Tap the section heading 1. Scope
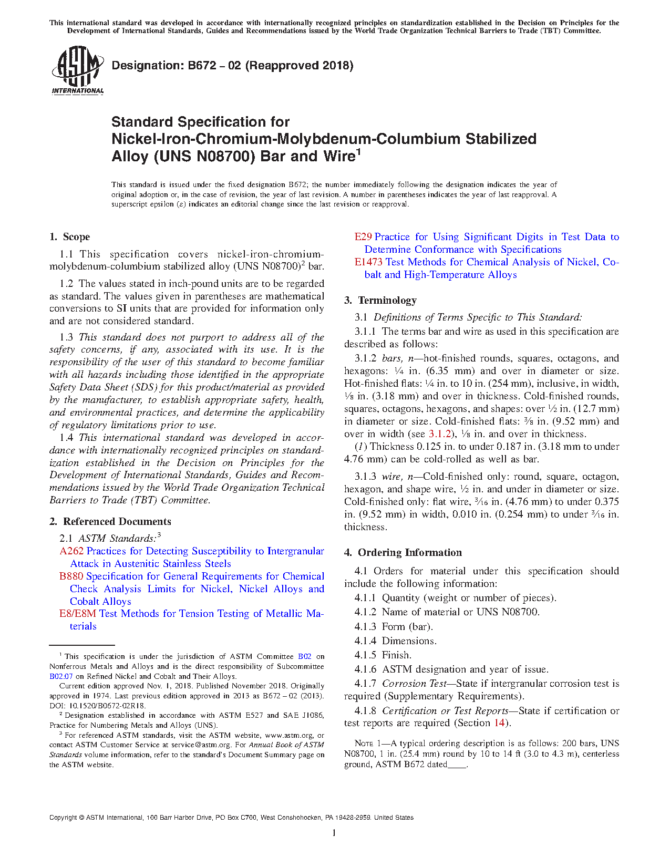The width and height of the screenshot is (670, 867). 70,237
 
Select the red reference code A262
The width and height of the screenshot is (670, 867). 71,551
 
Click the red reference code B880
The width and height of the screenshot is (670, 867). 71,576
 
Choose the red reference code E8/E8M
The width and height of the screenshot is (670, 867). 78,614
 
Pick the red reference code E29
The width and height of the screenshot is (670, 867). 363,237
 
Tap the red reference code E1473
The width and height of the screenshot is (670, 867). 368,262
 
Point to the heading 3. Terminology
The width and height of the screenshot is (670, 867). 380,301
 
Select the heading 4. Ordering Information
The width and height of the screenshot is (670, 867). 403,553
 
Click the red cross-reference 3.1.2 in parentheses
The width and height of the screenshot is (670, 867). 440,434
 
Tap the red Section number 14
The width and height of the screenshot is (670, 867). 499,723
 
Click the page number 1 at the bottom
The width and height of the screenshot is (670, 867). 334,833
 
